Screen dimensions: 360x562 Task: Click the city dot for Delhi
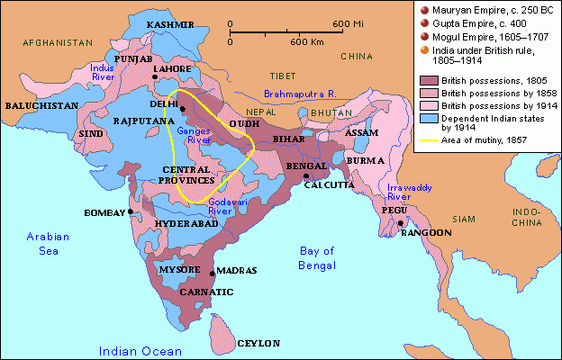(181, 110)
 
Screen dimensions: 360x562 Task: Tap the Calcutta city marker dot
(306, 176)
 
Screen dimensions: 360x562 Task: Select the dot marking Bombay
(131, 211)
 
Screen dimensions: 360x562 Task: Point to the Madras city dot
(212, 272)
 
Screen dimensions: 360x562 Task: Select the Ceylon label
(258, 343)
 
